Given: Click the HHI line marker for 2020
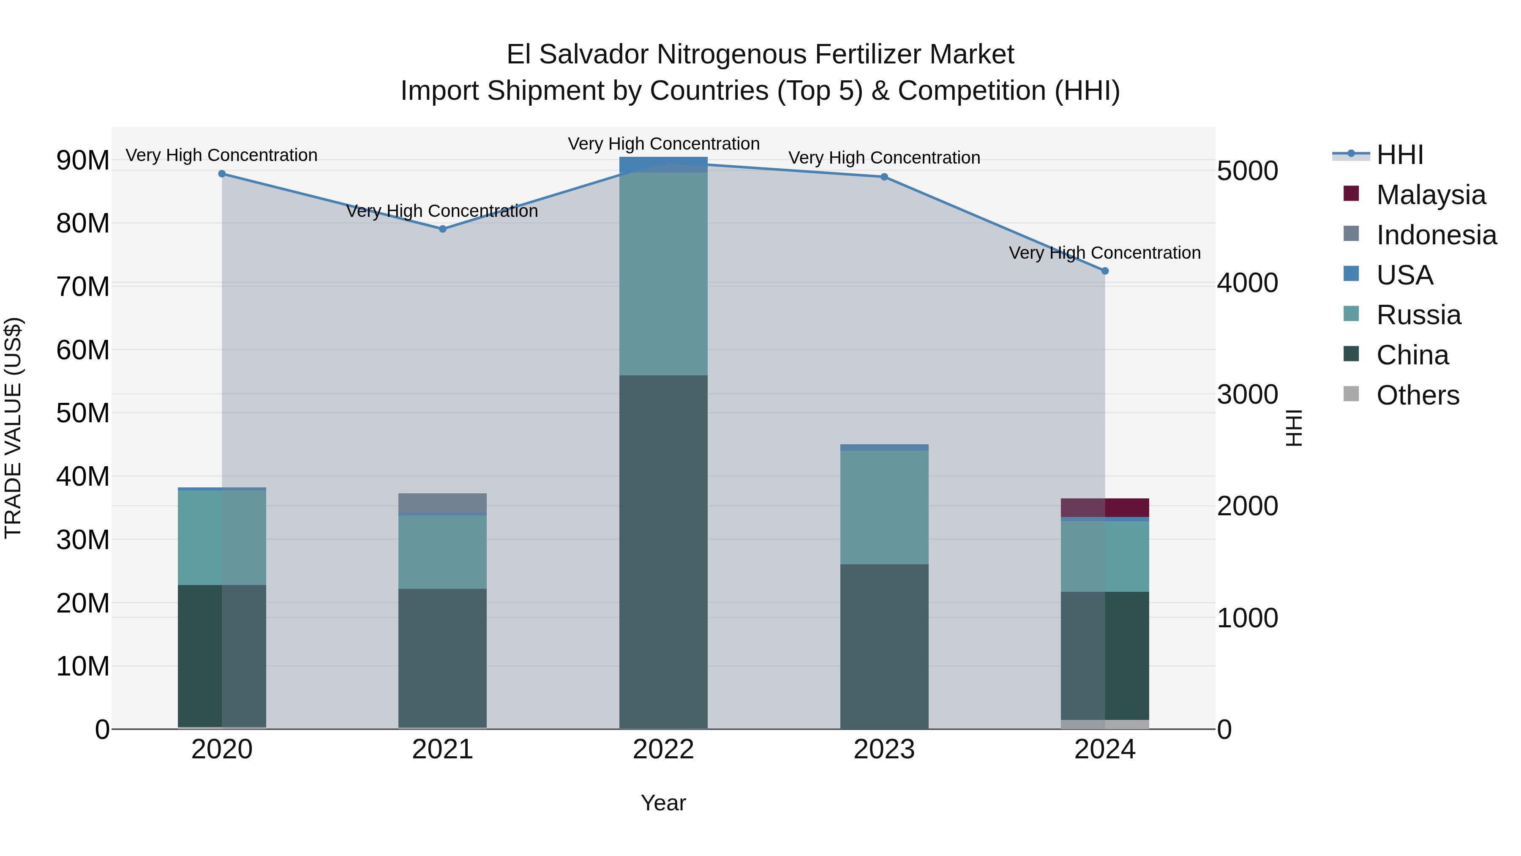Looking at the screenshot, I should pos(222,174).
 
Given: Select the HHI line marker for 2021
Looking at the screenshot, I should pos(443,229).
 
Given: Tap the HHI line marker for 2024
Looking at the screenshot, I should pos(1105,271).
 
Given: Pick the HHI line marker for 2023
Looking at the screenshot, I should pos(884,177).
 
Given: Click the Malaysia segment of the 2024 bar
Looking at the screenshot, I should pos(1105,507).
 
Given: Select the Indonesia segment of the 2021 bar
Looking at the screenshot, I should pos(442,503).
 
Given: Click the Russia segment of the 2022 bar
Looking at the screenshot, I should pos(663,273).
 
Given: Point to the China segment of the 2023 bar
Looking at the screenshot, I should pos(884,646).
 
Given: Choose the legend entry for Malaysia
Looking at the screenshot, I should pos(1430,195).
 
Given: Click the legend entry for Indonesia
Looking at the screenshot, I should pos(1436,235).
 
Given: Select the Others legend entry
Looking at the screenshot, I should pos(1417,395).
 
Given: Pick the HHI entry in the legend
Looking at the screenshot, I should pos(1399,155).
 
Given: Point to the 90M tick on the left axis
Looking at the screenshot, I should pos(83,160).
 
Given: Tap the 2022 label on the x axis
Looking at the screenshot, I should pos(663,749).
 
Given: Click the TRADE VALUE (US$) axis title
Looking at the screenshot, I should pos(13,428).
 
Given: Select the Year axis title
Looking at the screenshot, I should pos(663,803).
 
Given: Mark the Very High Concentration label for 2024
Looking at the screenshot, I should pos(1105,253).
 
